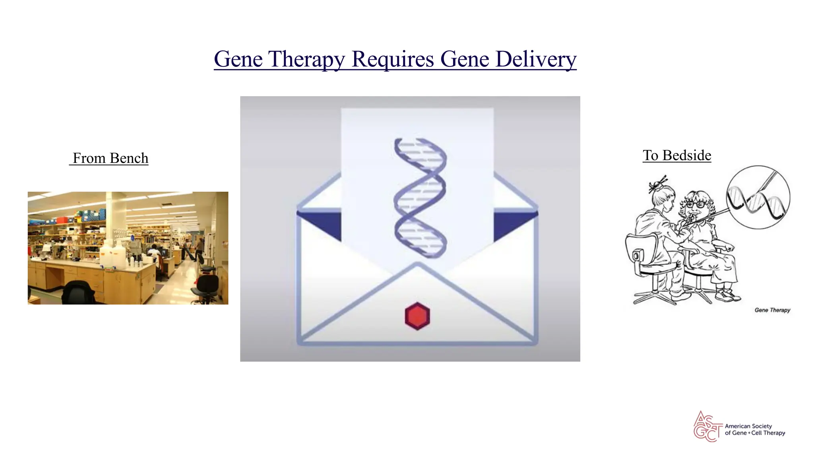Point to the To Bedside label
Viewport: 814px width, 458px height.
(677, 155)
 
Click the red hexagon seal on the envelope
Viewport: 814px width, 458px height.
(417, 316)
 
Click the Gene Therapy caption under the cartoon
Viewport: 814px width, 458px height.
(772, 310)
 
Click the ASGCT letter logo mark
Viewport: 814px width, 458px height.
(707, 427)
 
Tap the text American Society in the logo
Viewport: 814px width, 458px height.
(748, 426)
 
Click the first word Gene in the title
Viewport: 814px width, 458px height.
(238, 60)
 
